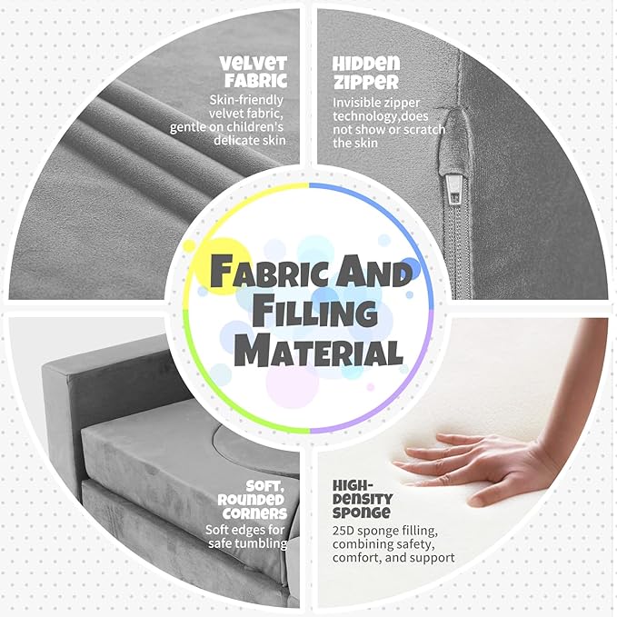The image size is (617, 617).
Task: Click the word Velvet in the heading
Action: coord(253,63)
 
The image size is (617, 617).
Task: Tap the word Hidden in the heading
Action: coord(366,63)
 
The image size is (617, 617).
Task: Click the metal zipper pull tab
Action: coord(453,190)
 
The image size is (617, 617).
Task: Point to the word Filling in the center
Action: coord(314,312)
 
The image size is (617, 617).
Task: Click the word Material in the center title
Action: coord(319,350)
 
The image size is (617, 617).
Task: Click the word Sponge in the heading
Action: coord(362,513)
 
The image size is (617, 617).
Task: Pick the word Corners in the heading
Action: coord(255,513)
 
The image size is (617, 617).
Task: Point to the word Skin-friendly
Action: coord(246,100)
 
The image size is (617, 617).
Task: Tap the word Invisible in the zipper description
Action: coord(356,103)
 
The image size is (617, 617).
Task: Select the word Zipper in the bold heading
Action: coord(365,82)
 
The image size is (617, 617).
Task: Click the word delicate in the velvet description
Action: coord(233,140)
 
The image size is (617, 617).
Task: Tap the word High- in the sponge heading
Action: coord(353,485)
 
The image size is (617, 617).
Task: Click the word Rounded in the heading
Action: coord(251,500)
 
